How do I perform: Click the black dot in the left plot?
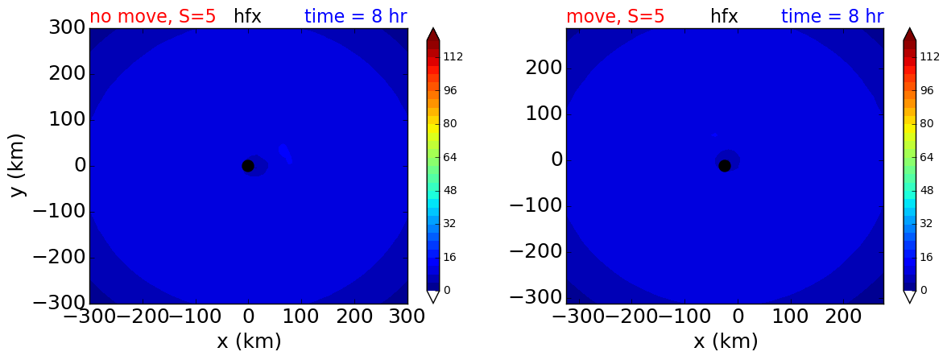pos(248,166)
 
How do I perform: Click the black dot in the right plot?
pos(725,166)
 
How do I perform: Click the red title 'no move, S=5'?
pos(152,16)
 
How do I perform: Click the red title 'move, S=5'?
pos(615,16)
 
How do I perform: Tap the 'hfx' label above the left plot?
pos(248,16)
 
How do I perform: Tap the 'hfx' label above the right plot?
pos(724,16)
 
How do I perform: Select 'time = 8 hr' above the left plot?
pos(356,16)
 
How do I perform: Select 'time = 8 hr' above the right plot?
pos(833,16)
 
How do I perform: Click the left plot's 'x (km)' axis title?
pos(249,341)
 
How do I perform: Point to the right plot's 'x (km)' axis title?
pos(726,341)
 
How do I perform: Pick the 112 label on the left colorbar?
pos(453,56)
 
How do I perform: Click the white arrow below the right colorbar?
pos(910,296)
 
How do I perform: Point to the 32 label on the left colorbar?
pos(450,224)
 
